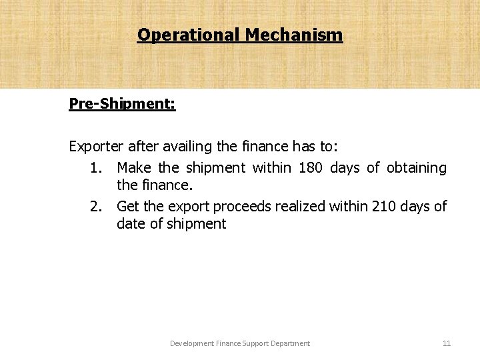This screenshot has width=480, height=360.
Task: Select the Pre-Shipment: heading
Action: point(122,105)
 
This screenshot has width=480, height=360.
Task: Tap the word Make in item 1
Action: point(135,168)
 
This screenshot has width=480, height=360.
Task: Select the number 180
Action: point(311,168)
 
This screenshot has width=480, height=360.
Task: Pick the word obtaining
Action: point(414,168)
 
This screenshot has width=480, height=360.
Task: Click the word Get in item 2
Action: point(127,206)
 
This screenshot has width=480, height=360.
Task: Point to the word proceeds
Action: point(225,206)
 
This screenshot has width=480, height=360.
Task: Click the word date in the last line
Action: point(131,224)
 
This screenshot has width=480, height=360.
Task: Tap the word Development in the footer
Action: point(192,343)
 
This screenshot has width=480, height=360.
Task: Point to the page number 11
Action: point(447,343)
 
